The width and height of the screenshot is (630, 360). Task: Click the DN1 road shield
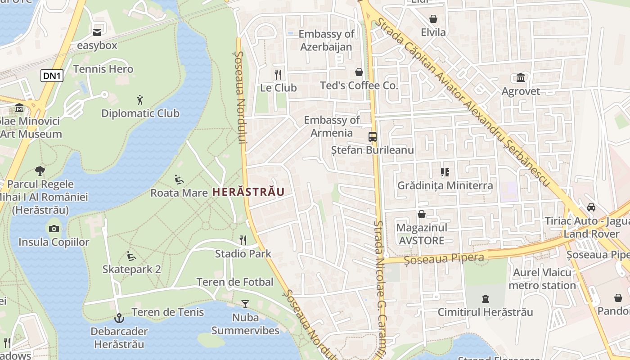(x=52, y=76)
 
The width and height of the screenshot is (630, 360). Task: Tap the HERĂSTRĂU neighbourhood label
(x=248, y=192)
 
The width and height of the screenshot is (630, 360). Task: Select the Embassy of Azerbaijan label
(x=326, y=40)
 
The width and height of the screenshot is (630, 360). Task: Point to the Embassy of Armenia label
(x=332, y=126)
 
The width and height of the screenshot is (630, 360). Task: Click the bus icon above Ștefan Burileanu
(x=373, y=137)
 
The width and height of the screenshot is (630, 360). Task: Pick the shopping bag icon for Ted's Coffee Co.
(x=359, y=72)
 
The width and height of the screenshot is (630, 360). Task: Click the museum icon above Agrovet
(x=521, y=78)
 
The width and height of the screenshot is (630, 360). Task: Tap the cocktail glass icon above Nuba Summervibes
(x=245, y=304)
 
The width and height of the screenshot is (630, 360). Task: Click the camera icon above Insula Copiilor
(x=54, y=229)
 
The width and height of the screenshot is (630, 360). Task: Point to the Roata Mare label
(x=179, y=193)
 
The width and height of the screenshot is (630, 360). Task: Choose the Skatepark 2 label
(x=131, y=269)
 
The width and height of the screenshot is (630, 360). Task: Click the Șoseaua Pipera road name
(x=444, y=258)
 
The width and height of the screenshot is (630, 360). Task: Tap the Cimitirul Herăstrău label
(x=485, y=312)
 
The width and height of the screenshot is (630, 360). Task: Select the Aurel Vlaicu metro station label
(x=542, y=279)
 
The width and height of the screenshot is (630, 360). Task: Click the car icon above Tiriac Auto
(x=591, y=207)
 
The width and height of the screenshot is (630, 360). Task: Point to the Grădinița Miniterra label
(x=445, y=185)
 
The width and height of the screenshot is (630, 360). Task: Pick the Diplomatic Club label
(x=140, y=113)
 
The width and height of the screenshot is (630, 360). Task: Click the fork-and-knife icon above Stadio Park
(x=243, y=240)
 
